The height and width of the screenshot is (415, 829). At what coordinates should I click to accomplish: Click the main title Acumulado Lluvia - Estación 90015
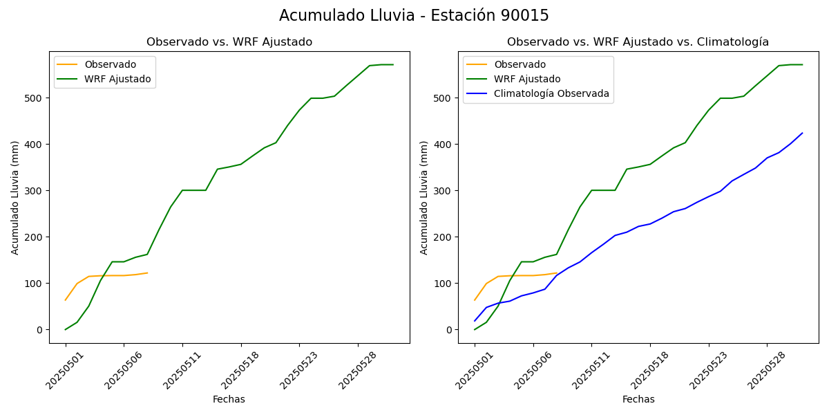[x=414, y=16]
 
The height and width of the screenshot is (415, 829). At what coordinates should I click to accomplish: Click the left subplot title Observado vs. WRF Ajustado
[x=229, y=42]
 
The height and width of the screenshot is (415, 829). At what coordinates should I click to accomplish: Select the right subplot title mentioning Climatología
[x=638, y=42]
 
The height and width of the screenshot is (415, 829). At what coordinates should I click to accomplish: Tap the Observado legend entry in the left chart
[x=110, y=65]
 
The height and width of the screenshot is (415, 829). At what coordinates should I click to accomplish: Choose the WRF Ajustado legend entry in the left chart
[x=117, y=79]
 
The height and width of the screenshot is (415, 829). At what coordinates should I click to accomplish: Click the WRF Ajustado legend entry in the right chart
[x=527, y=79]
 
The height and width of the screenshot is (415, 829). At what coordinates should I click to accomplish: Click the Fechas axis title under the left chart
[x=229, y=399]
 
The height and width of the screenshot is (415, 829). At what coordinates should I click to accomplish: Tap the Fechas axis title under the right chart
[x=638, y=399]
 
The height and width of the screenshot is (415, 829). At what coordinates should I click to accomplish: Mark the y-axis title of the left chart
[x=15, y=197]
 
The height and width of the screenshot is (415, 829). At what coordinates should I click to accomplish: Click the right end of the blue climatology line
[x=802, y=133]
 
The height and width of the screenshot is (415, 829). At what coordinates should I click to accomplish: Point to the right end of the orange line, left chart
[x=147, y=273]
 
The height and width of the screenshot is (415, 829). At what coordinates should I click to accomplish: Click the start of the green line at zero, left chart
[x=66, y=329]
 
